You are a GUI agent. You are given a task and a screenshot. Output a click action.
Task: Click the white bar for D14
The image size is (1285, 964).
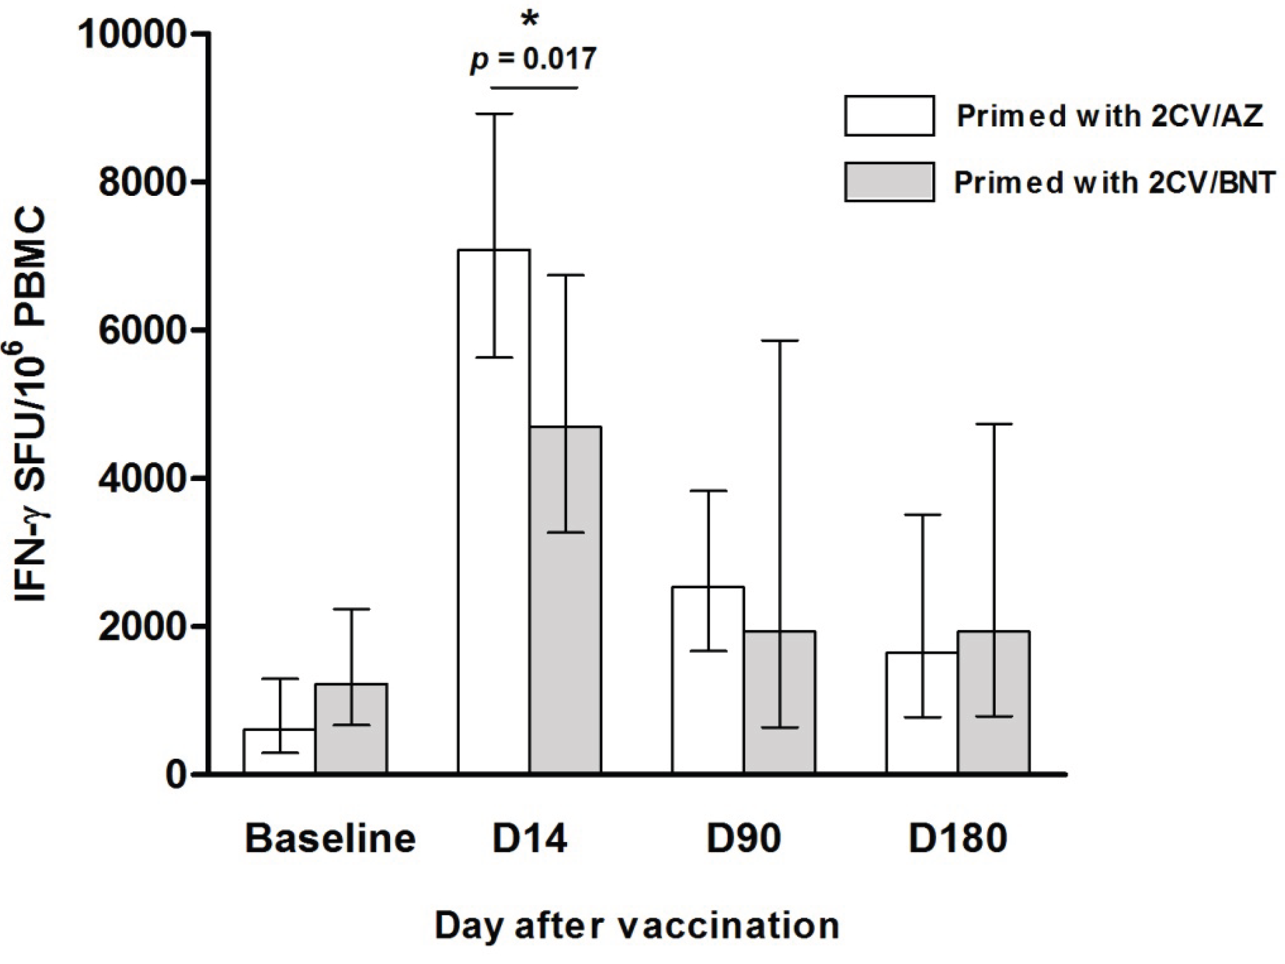[x=494, y=511]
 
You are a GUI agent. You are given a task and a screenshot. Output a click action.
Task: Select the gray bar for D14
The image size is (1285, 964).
[x=565, y=600]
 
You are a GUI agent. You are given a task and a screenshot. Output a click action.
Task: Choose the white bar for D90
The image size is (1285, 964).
[x=708, y=680]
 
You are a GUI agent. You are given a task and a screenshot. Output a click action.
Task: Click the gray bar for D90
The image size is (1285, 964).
[x=780, y=702]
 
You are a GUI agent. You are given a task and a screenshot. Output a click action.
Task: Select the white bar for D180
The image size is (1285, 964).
[x=922, y=713]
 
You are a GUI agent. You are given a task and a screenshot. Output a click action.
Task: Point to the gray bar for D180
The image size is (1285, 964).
[x=994, y=702]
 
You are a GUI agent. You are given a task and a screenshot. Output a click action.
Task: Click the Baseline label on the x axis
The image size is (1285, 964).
[x=331, y=839]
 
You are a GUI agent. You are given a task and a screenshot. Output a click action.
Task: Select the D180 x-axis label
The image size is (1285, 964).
[x=958, y=839]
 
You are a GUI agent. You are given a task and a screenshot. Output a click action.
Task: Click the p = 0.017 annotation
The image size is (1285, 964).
[x=533, y=60]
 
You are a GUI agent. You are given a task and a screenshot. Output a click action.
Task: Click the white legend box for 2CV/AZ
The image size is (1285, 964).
[x=889, y=116]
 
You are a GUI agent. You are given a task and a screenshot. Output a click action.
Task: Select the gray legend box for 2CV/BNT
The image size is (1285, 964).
[x=889, y=182]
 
